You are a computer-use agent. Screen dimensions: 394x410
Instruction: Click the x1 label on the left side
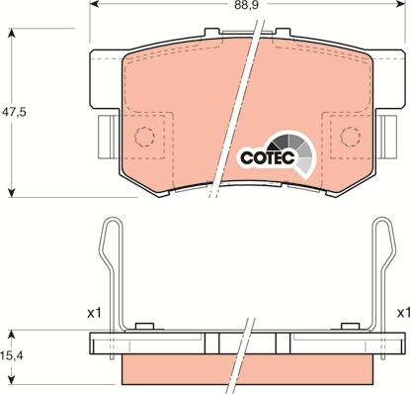pyautogui.click(x=95, y=313)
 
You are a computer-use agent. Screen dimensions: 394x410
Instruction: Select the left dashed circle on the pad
pyautogui.click(x=146, y=137)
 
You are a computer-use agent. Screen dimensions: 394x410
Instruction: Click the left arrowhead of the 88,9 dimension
pyautogui.click(x=92, y=6)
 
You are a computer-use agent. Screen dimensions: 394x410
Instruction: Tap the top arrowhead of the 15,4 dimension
pyautogui.click(x=12, y=334)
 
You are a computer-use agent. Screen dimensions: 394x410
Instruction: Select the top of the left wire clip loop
pyautogui.click(x=112, y=224)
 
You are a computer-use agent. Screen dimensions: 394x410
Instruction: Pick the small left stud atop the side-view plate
pyautogui.click(x=142, y=326)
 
